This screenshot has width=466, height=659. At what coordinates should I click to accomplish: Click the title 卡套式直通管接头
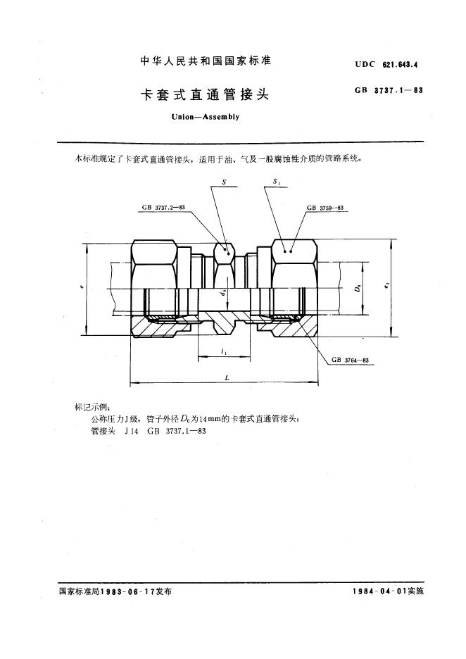tap(205, 94)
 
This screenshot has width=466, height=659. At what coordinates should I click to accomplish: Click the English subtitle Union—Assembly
tap(205, 116)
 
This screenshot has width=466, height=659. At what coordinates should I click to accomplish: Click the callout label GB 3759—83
tap(325, 208)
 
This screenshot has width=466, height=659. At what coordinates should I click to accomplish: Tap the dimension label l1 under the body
tap(223, 351)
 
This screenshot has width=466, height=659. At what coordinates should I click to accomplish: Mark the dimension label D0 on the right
tap(358, 289)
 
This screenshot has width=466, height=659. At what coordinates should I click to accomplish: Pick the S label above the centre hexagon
tap(224, 182)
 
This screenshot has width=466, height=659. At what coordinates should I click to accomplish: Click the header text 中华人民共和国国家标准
tap(206, 61)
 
